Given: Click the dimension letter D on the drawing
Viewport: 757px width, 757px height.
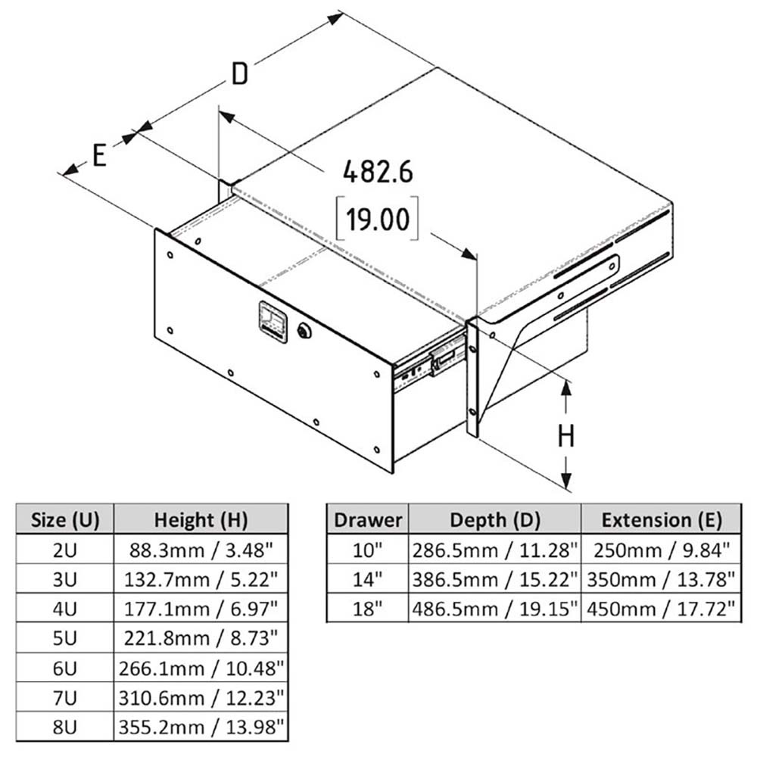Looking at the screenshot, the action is tap(239, 74).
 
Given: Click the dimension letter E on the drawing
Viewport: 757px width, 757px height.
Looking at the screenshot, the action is tap(99, 154).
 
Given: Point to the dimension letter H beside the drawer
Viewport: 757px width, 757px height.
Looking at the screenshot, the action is tap(567, 437).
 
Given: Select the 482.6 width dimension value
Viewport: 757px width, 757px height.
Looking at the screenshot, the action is tap(378, 173).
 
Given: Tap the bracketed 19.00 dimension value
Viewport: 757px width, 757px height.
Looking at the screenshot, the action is tap(378, 220).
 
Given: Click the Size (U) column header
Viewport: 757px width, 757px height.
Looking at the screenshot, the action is tap(64, 520).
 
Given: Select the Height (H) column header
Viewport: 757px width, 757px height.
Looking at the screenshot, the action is tap(201, 520).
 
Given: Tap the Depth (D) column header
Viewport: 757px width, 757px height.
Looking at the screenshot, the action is tap(494, 520).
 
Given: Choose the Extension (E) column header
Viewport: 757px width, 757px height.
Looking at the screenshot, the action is tap(661, 520).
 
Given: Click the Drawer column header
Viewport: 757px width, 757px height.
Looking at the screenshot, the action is tap(367, 520).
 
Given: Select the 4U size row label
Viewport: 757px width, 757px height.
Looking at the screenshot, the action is tap(64, 607).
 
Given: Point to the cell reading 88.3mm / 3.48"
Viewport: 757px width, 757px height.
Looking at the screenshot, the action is tap(201, 549).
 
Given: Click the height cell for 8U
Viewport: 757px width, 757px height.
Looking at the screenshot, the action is tap(201, 727).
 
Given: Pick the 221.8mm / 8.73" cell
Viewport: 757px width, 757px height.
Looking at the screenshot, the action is tap(201, 637).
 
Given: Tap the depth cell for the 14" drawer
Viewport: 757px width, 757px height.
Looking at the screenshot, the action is tap(494, 579).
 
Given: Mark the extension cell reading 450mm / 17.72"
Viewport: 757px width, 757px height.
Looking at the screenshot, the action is tap(661, 608).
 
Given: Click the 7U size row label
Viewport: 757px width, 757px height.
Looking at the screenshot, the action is tap(64, 697).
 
